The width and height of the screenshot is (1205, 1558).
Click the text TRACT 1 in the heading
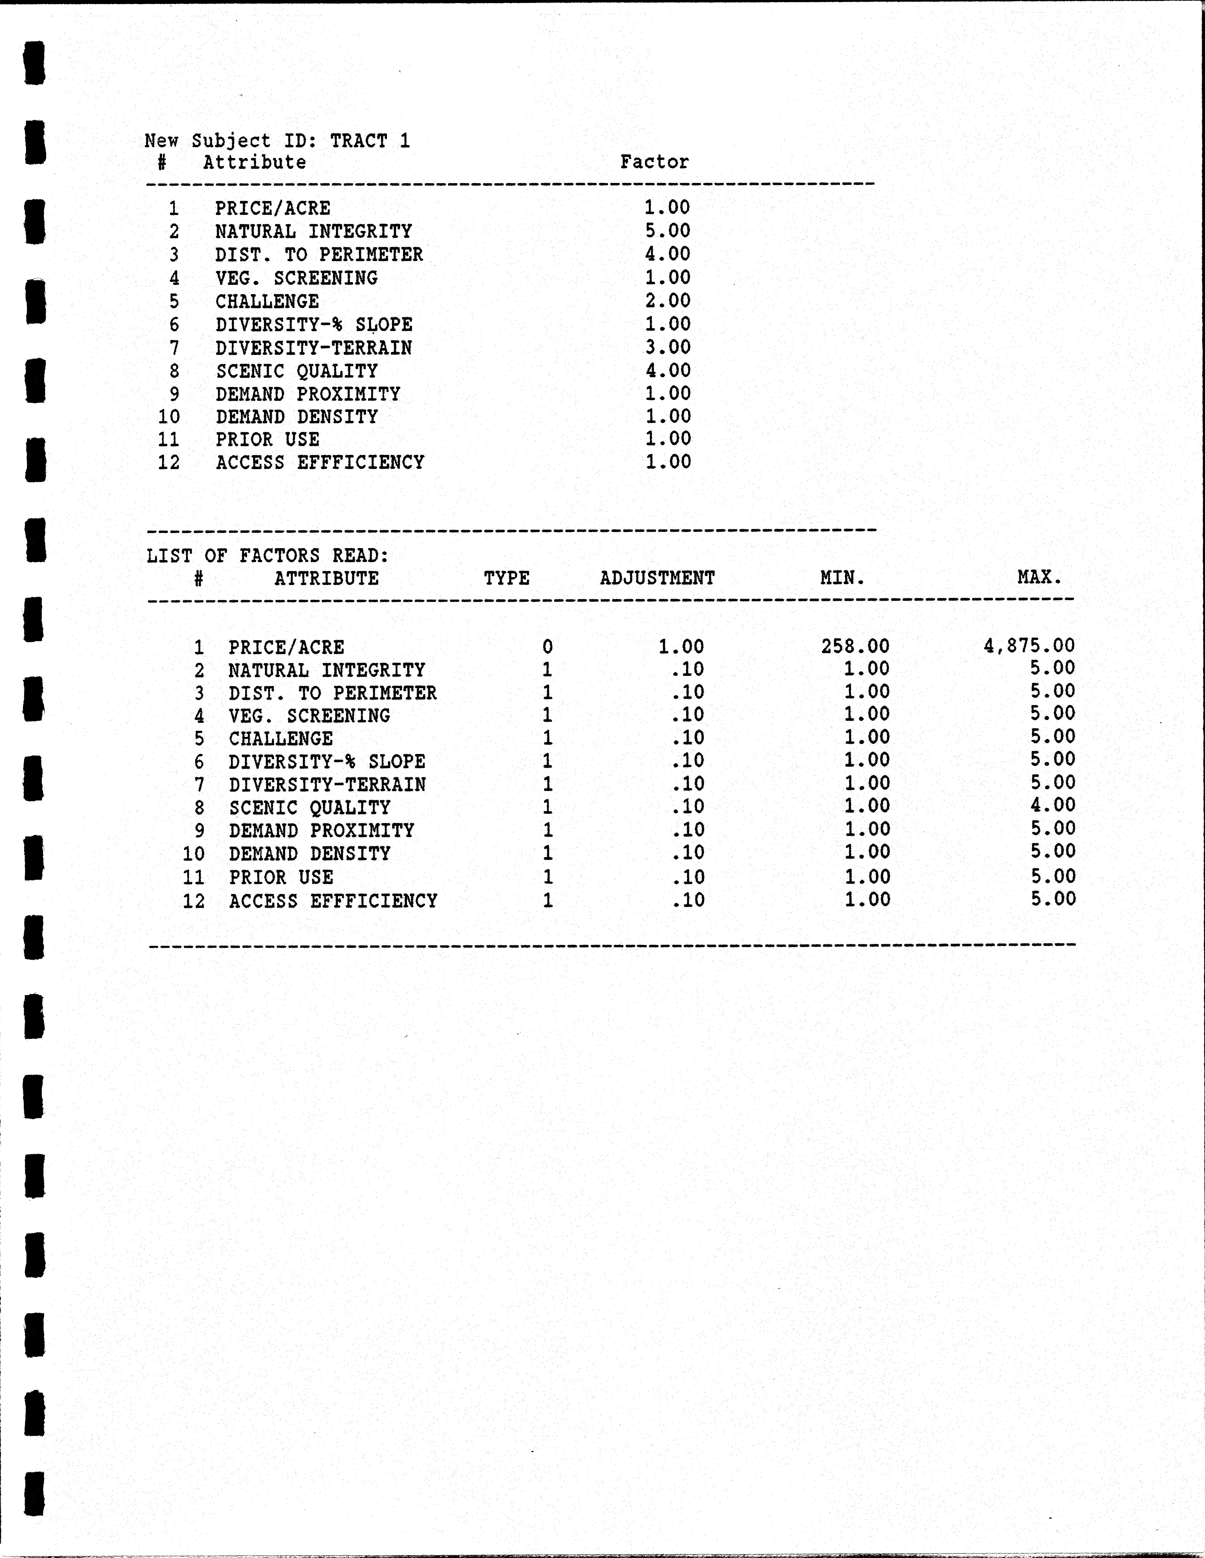[369, 140]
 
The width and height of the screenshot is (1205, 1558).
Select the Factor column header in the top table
[654, 162]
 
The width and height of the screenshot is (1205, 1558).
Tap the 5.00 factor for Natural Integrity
[668, 230]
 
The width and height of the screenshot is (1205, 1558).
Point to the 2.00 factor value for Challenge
[668, 300]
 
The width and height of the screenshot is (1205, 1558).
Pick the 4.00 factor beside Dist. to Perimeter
[668, 254]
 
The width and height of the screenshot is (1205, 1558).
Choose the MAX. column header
[1040, 576]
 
